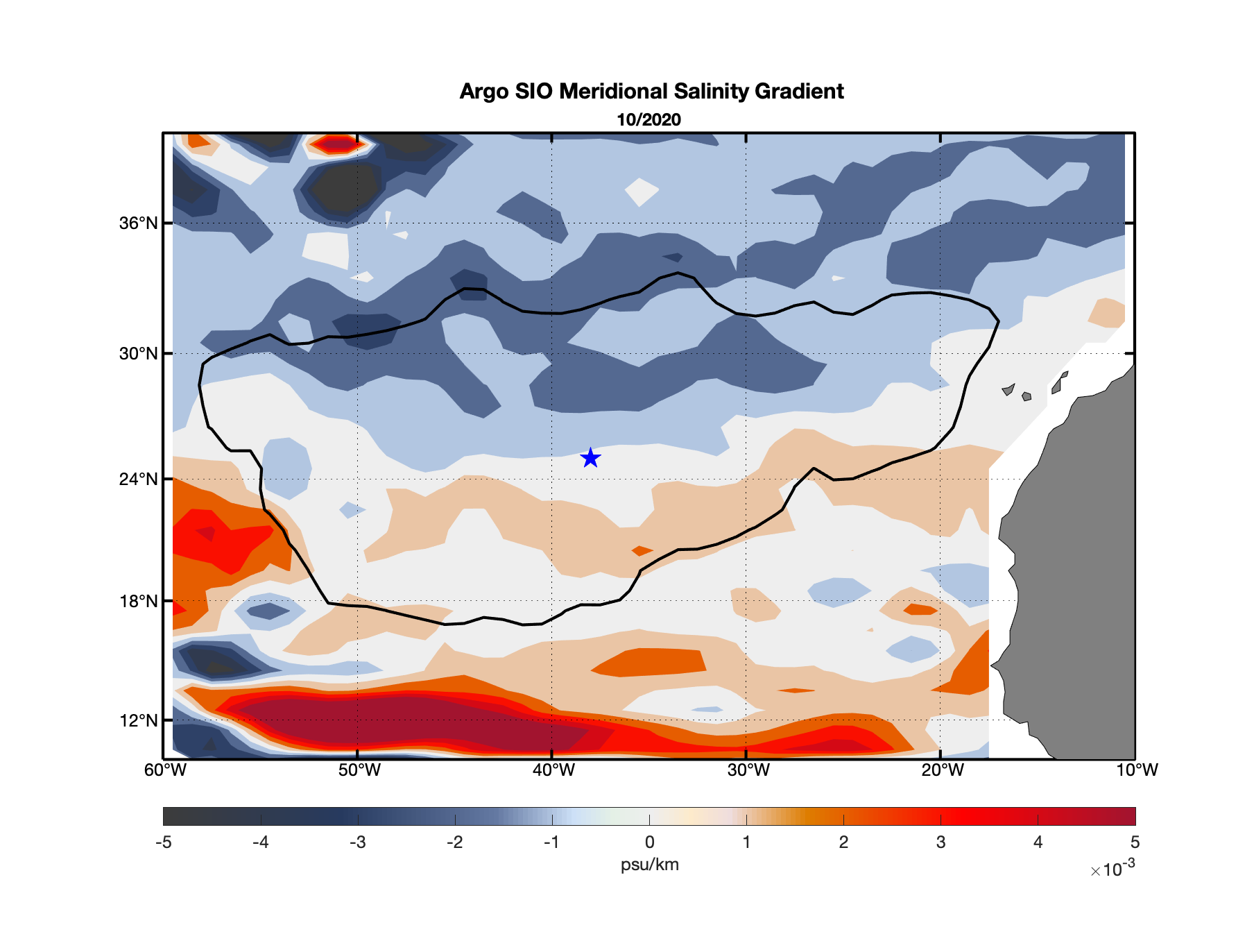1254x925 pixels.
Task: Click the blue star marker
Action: click(x=590, y=458)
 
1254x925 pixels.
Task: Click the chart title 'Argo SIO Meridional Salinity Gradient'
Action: click(x=651, y=92)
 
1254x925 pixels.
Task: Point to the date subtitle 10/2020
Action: click(x=649, y=120)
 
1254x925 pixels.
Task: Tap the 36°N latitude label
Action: click(x=138, y=223)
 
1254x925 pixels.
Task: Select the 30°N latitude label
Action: click(x=138, y=354)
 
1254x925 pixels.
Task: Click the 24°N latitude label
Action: click(x=138, y=480)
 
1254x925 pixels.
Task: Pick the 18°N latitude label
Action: click(x=138, y=601)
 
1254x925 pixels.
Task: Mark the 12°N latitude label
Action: click(x=138, y=720)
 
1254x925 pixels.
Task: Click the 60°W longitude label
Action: click(x=165, y=770)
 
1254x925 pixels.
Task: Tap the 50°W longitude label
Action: click(x=359, y=770)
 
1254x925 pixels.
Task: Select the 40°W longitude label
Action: click(x=553, y=770)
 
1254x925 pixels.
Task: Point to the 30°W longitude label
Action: click(x=748, y=770)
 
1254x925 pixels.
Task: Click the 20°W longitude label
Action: click(x=942, y=770)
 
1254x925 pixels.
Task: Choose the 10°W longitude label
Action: click(x=1136, y=770)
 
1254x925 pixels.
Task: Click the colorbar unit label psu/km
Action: click(x=649, y=865)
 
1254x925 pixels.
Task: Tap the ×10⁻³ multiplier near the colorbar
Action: click(x=1113, y=869)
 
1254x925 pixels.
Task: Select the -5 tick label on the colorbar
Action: click(x=163, y=842)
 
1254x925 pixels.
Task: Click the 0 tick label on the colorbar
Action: click(x=649, y=842)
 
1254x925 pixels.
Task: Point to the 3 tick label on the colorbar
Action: click(x=941, y=842)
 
